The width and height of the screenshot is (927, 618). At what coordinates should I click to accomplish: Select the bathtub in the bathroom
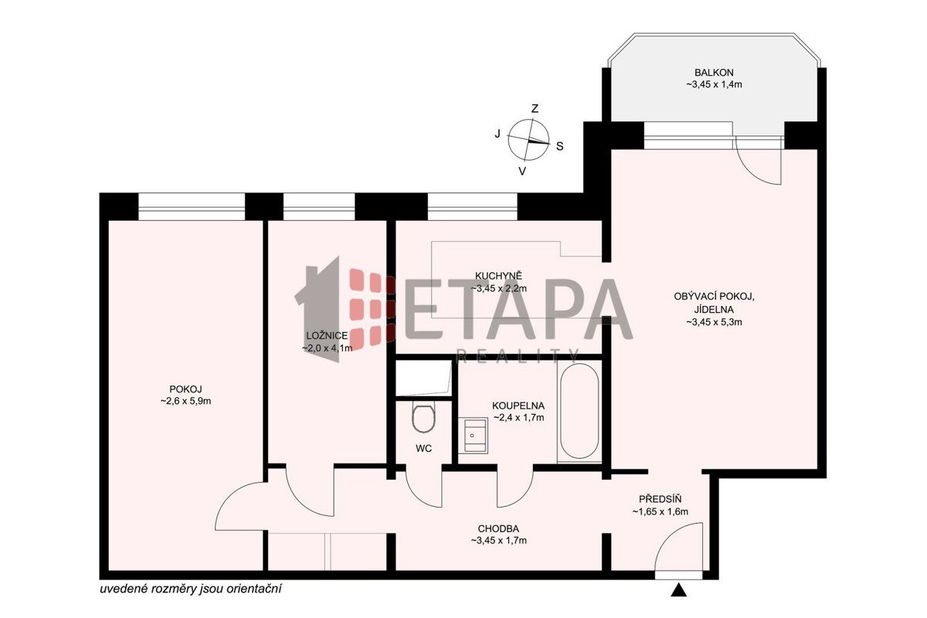coord(579,411)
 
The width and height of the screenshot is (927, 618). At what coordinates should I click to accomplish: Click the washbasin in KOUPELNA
coord(473,435)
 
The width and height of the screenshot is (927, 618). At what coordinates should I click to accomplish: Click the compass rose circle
coord(528,140)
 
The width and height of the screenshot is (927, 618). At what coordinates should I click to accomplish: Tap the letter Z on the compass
coord(535,109)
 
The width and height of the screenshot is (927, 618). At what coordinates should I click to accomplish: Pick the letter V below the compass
coord(523,171)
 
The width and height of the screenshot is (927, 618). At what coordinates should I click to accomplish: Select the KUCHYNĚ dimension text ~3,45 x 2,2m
coord(499,288)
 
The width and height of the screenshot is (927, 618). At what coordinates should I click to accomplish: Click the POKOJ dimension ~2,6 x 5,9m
coord(186,401)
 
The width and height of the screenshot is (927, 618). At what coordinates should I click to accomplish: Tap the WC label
coord(424,448)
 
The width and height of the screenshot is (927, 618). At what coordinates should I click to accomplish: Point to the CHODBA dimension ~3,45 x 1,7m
coord(499,540)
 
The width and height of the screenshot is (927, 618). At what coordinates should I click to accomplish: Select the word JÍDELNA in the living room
coord(715,309)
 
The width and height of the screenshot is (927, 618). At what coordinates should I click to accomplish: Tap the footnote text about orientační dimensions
coord(191,589)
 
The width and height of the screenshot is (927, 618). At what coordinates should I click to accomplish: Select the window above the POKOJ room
coord(192,206)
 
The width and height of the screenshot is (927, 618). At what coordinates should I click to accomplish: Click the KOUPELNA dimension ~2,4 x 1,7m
coord(518,417)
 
